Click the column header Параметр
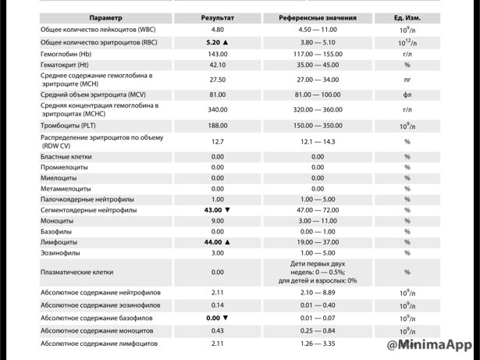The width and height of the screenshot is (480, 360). [x=105, y=18]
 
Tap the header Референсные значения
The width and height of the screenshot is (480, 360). [x=318, y=18]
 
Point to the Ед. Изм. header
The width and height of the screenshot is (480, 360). [x=407, y=18]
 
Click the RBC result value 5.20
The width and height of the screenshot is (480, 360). [x=214, y=42]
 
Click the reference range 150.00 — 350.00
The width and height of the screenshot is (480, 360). [x=318, y=126]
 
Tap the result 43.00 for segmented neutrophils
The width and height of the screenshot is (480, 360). [x=213, y=210]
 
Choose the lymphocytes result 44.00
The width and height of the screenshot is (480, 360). [x=213, y=242]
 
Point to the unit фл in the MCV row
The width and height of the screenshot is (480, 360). [x=407, y=94]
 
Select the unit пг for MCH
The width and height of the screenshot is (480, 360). [x=407, y=80]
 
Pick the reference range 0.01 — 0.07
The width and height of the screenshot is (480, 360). [x=318, y=319]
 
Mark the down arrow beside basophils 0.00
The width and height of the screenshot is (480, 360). [x=226, y=319]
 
